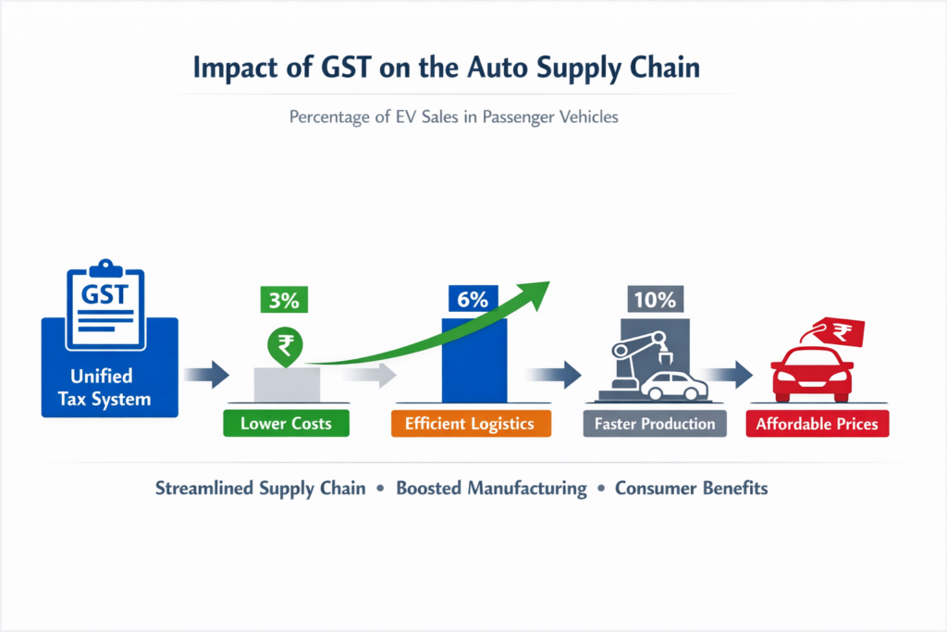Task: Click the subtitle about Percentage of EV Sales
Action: click(x=473, y=118)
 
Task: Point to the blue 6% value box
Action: click(x=474, y=300)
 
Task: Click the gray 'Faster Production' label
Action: click(x=655, y=424)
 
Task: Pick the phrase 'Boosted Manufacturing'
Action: click(x=491, y=488)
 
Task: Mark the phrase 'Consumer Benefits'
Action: click(x=691, y=488)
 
